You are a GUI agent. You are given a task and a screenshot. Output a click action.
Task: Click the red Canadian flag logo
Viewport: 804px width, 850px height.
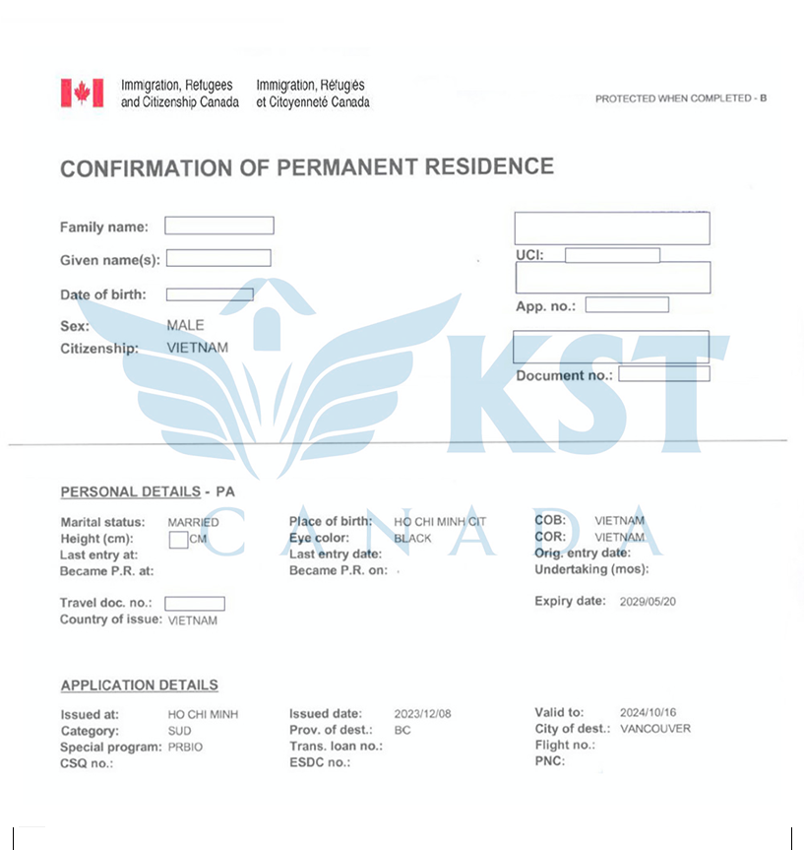coord(82,94)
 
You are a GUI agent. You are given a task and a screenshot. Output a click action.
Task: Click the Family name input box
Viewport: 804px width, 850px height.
coord(218,226)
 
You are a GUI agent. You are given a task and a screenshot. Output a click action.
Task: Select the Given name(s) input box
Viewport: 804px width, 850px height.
coord(218,258)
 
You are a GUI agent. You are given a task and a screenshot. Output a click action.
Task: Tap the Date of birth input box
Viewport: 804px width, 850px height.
coord(209,294)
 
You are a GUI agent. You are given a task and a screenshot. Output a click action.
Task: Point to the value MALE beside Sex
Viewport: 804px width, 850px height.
coord(186,325)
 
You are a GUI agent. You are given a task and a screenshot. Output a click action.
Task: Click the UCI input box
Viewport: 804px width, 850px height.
coord(612,256)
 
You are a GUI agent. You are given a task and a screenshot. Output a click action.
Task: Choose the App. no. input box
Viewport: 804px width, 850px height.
coord(627,305)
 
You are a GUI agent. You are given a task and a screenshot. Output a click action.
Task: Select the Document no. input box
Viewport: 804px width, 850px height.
coord(663,374)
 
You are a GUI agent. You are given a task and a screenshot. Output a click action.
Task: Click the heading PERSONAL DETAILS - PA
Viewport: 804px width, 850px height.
coord(148,491)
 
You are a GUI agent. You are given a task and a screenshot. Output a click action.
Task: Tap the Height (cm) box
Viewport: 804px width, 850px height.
coord(178,539)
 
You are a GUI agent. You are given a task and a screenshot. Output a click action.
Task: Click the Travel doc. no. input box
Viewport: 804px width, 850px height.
coord(194,604)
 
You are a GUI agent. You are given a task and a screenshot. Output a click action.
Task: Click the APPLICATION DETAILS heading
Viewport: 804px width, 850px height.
coord(140,686)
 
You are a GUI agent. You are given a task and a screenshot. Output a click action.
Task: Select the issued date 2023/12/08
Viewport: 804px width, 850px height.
coord(422,714)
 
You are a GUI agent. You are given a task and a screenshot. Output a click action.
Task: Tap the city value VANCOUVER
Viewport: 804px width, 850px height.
coord(655,729)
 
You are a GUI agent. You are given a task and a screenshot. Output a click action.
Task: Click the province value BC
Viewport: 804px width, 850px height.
coord(402,731)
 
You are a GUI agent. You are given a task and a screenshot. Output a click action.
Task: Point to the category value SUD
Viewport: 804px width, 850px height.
coord(180,731)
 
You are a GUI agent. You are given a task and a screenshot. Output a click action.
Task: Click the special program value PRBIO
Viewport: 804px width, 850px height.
coord(184,748)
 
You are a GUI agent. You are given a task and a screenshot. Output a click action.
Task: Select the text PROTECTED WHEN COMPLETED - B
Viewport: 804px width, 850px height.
coord(680,98)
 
